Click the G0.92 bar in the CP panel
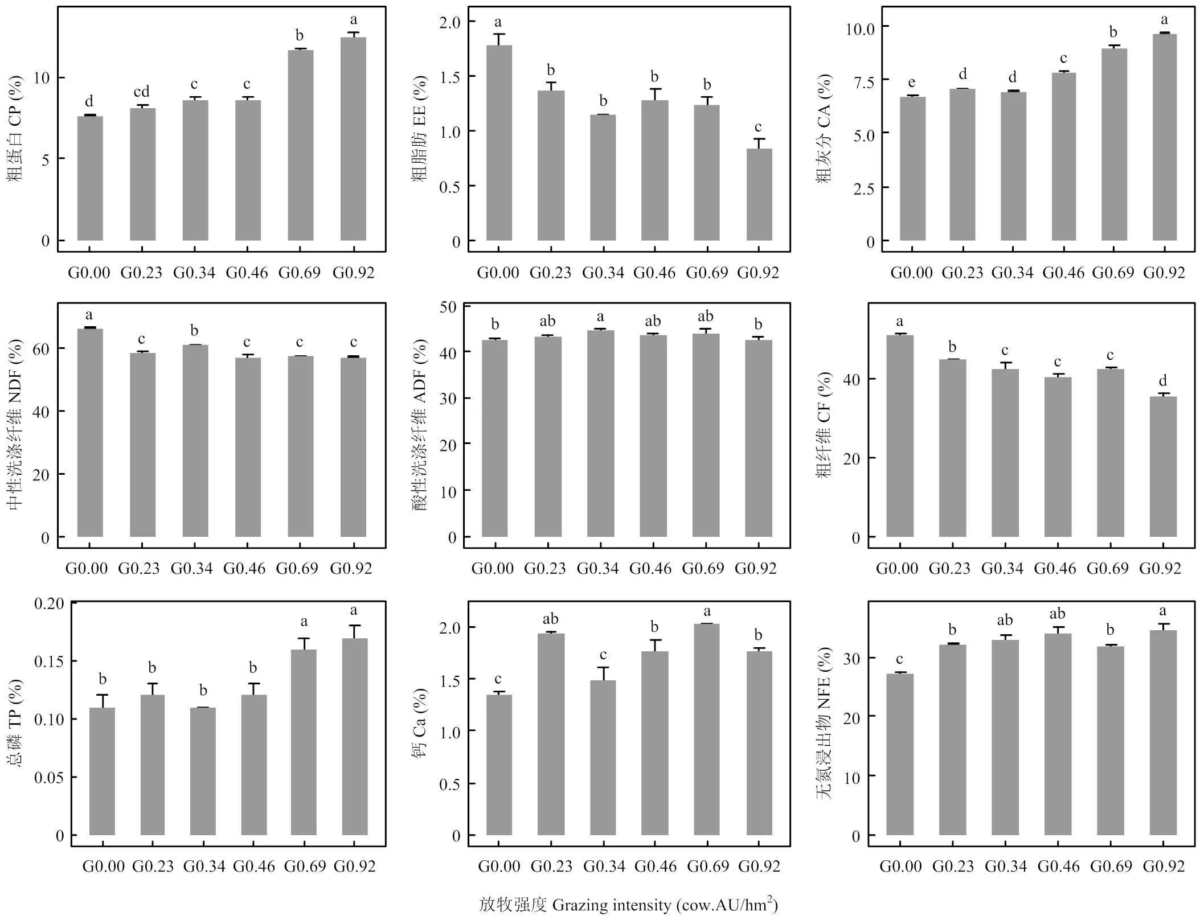(353, 139)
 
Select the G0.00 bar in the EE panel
(498, 142)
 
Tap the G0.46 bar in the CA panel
(1063, 157)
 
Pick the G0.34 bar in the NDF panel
(195, 441)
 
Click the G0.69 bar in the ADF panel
(706, 435)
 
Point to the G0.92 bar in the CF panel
(1162, 466)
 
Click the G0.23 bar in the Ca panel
(551, 734)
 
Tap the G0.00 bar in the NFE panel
(900, 754)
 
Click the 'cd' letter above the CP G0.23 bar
(141, 92)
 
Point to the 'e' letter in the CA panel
(912, 83)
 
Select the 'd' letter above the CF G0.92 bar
(1162, 380)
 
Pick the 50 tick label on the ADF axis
(448, 307)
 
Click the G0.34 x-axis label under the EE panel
(603, 273)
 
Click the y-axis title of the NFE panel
(824, 723)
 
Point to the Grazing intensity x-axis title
(628, 905)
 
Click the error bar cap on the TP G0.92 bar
(354, 626)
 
